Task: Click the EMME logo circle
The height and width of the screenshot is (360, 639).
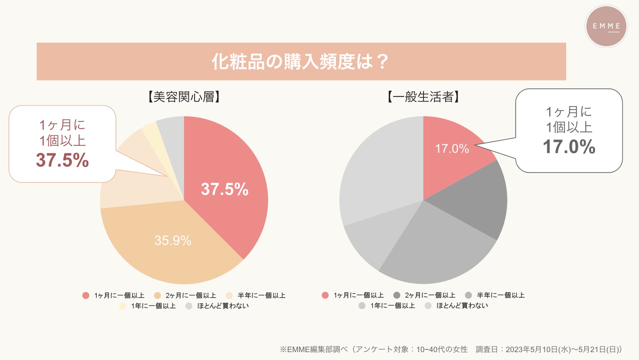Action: pos(606,26)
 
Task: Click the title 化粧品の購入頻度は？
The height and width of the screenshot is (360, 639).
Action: pos(300,62)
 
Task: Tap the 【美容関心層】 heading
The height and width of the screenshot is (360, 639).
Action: pos(184,97)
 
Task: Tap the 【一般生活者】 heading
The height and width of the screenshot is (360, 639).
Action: pos(423,97)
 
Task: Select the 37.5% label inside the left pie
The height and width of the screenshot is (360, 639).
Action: pos(225,189)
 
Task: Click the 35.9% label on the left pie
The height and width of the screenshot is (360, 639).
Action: pos(173,241)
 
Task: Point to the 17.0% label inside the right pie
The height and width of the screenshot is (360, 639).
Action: pos(452,149)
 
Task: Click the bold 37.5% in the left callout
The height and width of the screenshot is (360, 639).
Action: pos(62,160)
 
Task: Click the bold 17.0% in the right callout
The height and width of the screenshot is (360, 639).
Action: pos(569,146)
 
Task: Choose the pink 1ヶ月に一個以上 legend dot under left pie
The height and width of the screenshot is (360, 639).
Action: pos(86,295)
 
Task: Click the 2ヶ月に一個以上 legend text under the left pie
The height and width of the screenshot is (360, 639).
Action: pos(191,295)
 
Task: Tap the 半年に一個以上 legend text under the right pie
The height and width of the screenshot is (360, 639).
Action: pos(500,295)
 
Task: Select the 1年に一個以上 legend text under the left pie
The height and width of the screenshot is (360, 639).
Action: pos(153,306)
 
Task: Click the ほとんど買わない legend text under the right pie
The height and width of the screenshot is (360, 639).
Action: pos(462,306)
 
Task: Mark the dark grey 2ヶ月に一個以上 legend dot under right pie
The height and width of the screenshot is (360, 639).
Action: pos(397,295)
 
